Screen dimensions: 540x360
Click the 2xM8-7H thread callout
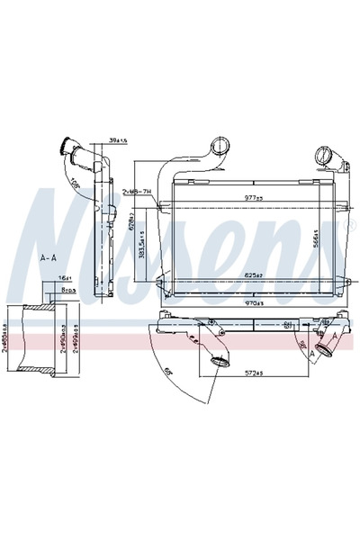136,192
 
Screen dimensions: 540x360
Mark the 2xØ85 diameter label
8,341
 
